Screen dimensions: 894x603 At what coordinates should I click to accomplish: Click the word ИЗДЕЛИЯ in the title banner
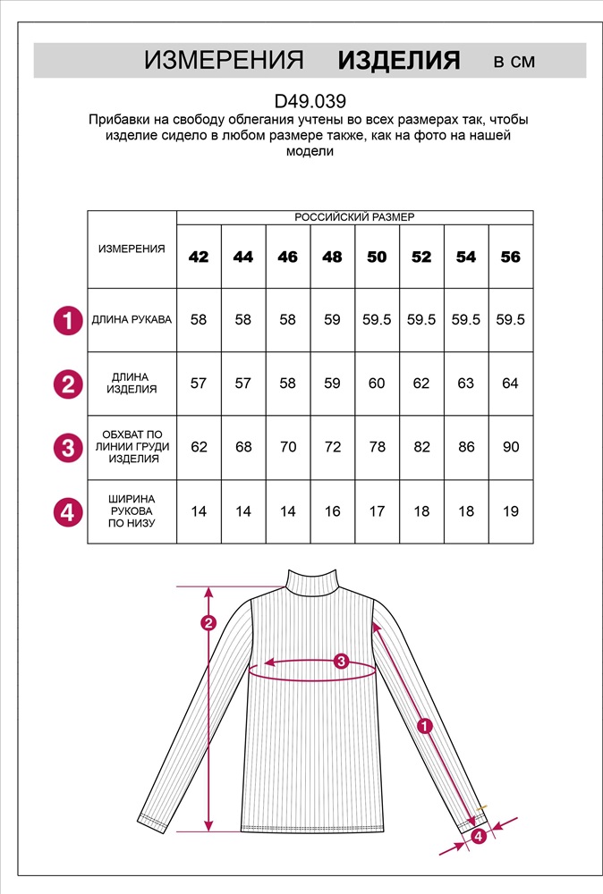[x=399, y=61]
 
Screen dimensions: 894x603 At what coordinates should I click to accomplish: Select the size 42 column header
[x=199, y=257]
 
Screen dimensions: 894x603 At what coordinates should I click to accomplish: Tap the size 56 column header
[x=510, y=257]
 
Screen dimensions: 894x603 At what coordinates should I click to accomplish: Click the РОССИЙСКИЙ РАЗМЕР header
[x=354, y=217]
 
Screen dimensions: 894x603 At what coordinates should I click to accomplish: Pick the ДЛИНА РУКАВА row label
[x=132, y=320]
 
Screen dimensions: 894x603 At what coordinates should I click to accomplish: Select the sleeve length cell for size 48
[x=332, y=320]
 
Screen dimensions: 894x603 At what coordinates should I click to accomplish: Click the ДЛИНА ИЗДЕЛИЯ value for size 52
[x=421, y=384]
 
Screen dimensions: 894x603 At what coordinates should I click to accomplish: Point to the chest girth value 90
[x=510, y=447]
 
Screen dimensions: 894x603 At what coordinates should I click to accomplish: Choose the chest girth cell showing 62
[x=199, y=447]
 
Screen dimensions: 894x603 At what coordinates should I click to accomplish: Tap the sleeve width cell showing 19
[x=510, y=511]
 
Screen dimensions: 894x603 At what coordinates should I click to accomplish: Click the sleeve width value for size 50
[x=377, y=511]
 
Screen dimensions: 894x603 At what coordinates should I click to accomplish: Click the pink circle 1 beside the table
[x=68, y=320]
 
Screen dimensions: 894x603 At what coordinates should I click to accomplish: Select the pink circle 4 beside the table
[x=68, y=511]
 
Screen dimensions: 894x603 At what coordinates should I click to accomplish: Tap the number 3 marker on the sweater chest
[x=340, y=662]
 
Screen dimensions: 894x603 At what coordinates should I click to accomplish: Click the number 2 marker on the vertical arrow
[x=208, y=623]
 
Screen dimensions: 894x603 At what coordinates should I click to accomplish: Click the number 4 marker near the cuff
[x=479, y=836]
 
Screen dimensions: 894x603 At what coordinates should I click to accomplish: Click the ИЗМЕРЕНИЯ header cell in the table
[x=132, y=249]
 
